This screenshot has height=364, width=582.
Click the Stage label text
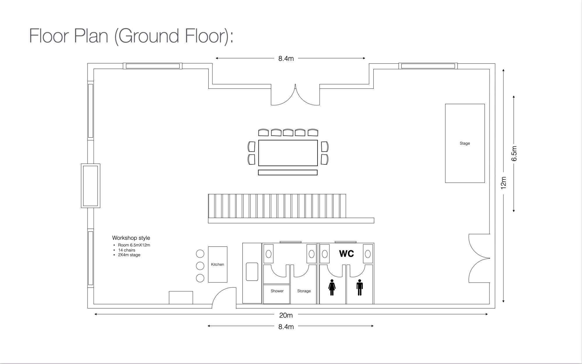point(465,143)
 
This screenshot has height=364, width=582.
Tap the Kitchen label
point(217,264)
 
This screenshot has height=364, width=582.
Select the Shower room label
point(277,291)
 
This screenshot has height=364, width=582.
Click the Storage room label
point(304,291)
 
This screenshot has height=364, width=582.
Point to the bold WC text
point(346,254)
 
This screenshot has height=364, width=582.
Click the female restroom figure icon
point(332,287)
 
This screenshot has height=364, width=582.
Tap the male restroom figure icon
point(360,287)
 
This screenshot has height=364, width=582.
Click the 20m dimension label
point(286,315)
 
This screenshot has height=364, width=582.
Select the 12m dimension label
point(504,183)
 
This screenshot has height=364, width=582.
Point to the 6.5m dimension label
point(514,154)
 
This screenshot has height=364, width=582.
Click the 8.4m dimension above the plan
point(286,58)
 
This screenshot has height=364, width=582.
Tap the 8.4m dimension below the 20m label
point(286,327)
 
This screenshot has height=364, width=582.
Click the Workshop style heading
point(131,238)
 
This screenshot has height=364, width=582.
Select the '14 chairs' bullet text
point(127,250)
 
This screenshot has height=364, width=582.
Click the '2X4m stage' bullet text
point(129,255)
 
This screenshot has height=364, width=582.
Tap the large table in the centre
point(288,153)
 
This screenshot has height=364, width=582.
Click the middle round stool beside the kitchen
point(200,266)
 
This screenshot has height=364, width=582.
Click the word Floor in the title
point(49,36)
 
